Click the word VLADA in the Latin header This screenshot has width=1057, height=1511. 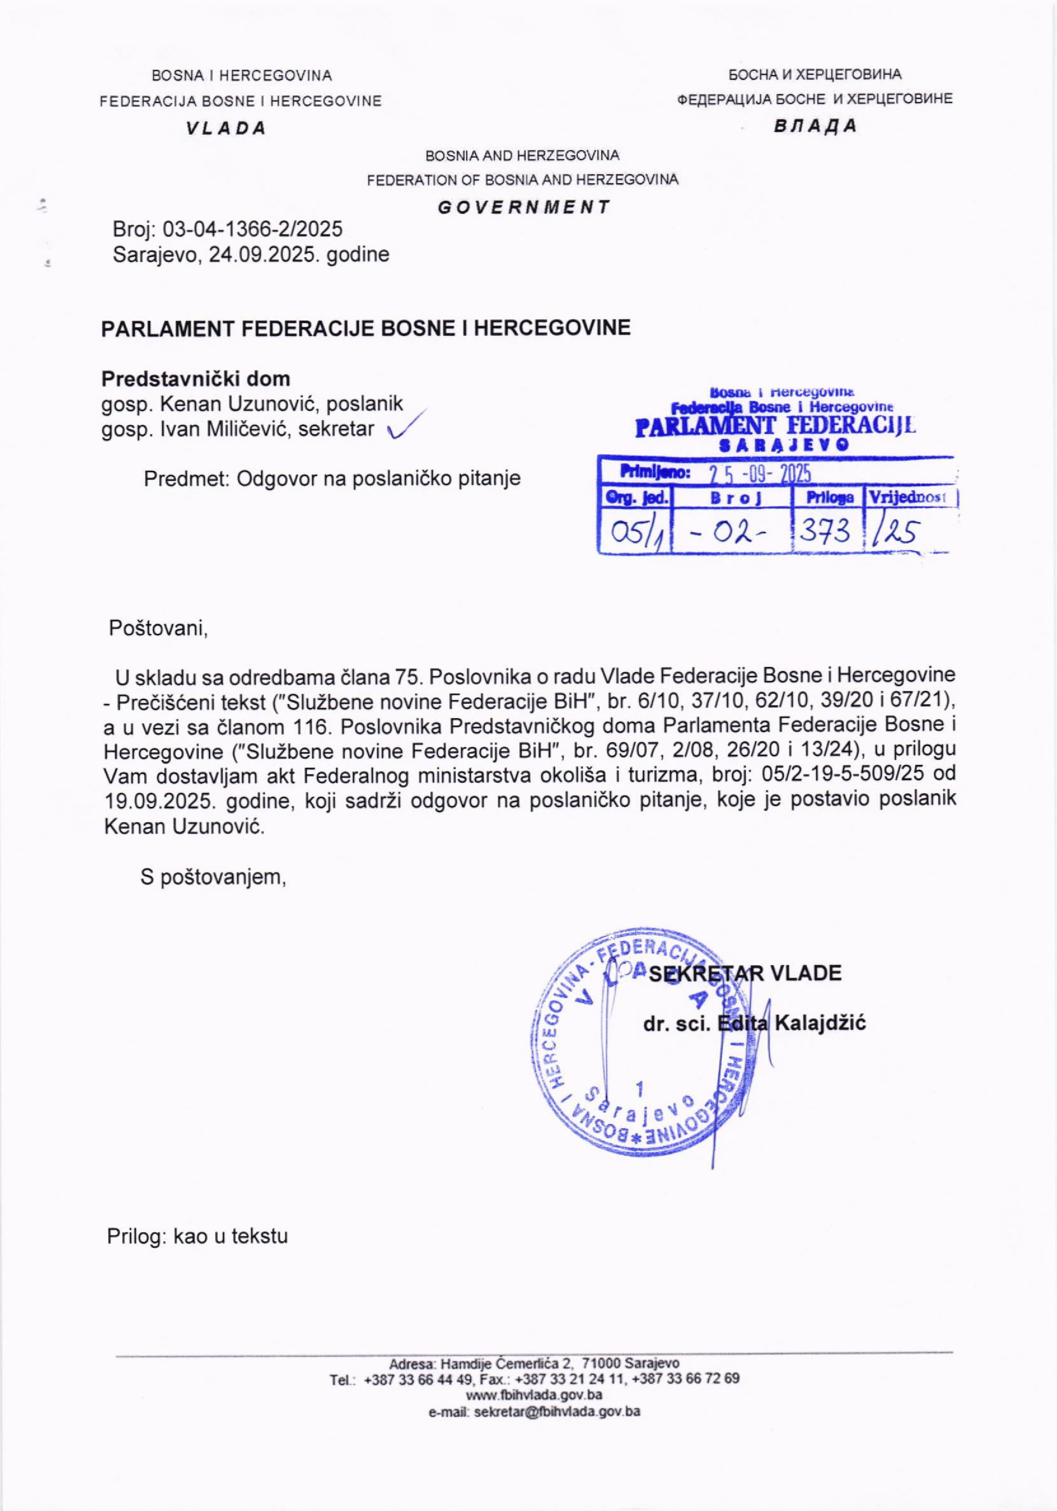point(226,128)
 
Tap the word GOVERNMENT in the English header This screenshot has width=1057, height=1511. point(523,207)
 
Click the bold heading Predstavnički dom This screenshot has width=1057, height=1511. point(196,379)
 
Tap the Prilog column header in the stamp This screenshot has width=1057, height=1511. point(830,498)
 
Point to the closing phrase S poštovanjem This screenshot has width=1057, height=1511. point(214,876)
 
